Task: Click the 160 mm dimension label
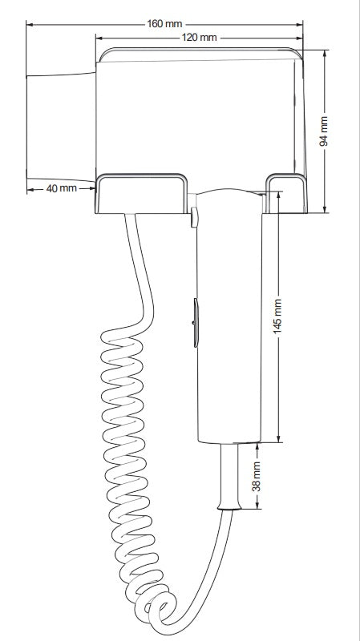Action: tap(164, 24)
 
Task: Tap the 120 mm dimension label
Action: tap(199, 38)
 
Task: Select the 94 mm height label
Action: tap(324, 131)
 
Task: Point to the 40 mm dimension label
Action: tap(62, 188)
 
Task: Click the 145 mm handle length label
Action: tap(277, 316)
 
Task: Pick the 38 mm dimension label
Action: tap(257, 476)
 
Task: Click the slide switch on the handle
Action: tap(196, 323)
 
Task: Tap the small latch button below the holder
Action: tap(194, 217)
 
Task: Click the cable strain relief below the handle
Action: tap(229, 476)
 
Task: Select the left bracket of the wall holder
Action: tap(141, 193)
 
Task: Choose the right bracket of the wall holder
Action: tap(286, 193)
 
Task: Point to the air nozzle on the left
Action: tap(61, 127)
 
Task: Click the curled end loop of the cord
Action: tap(163, 610)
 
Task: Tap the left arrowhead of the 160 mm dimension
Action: tap(30, 25)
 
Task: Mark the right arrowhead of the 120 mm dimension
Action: tap(299, 38)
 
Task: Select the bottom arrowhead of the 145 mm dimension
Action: tap(278, 438)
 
